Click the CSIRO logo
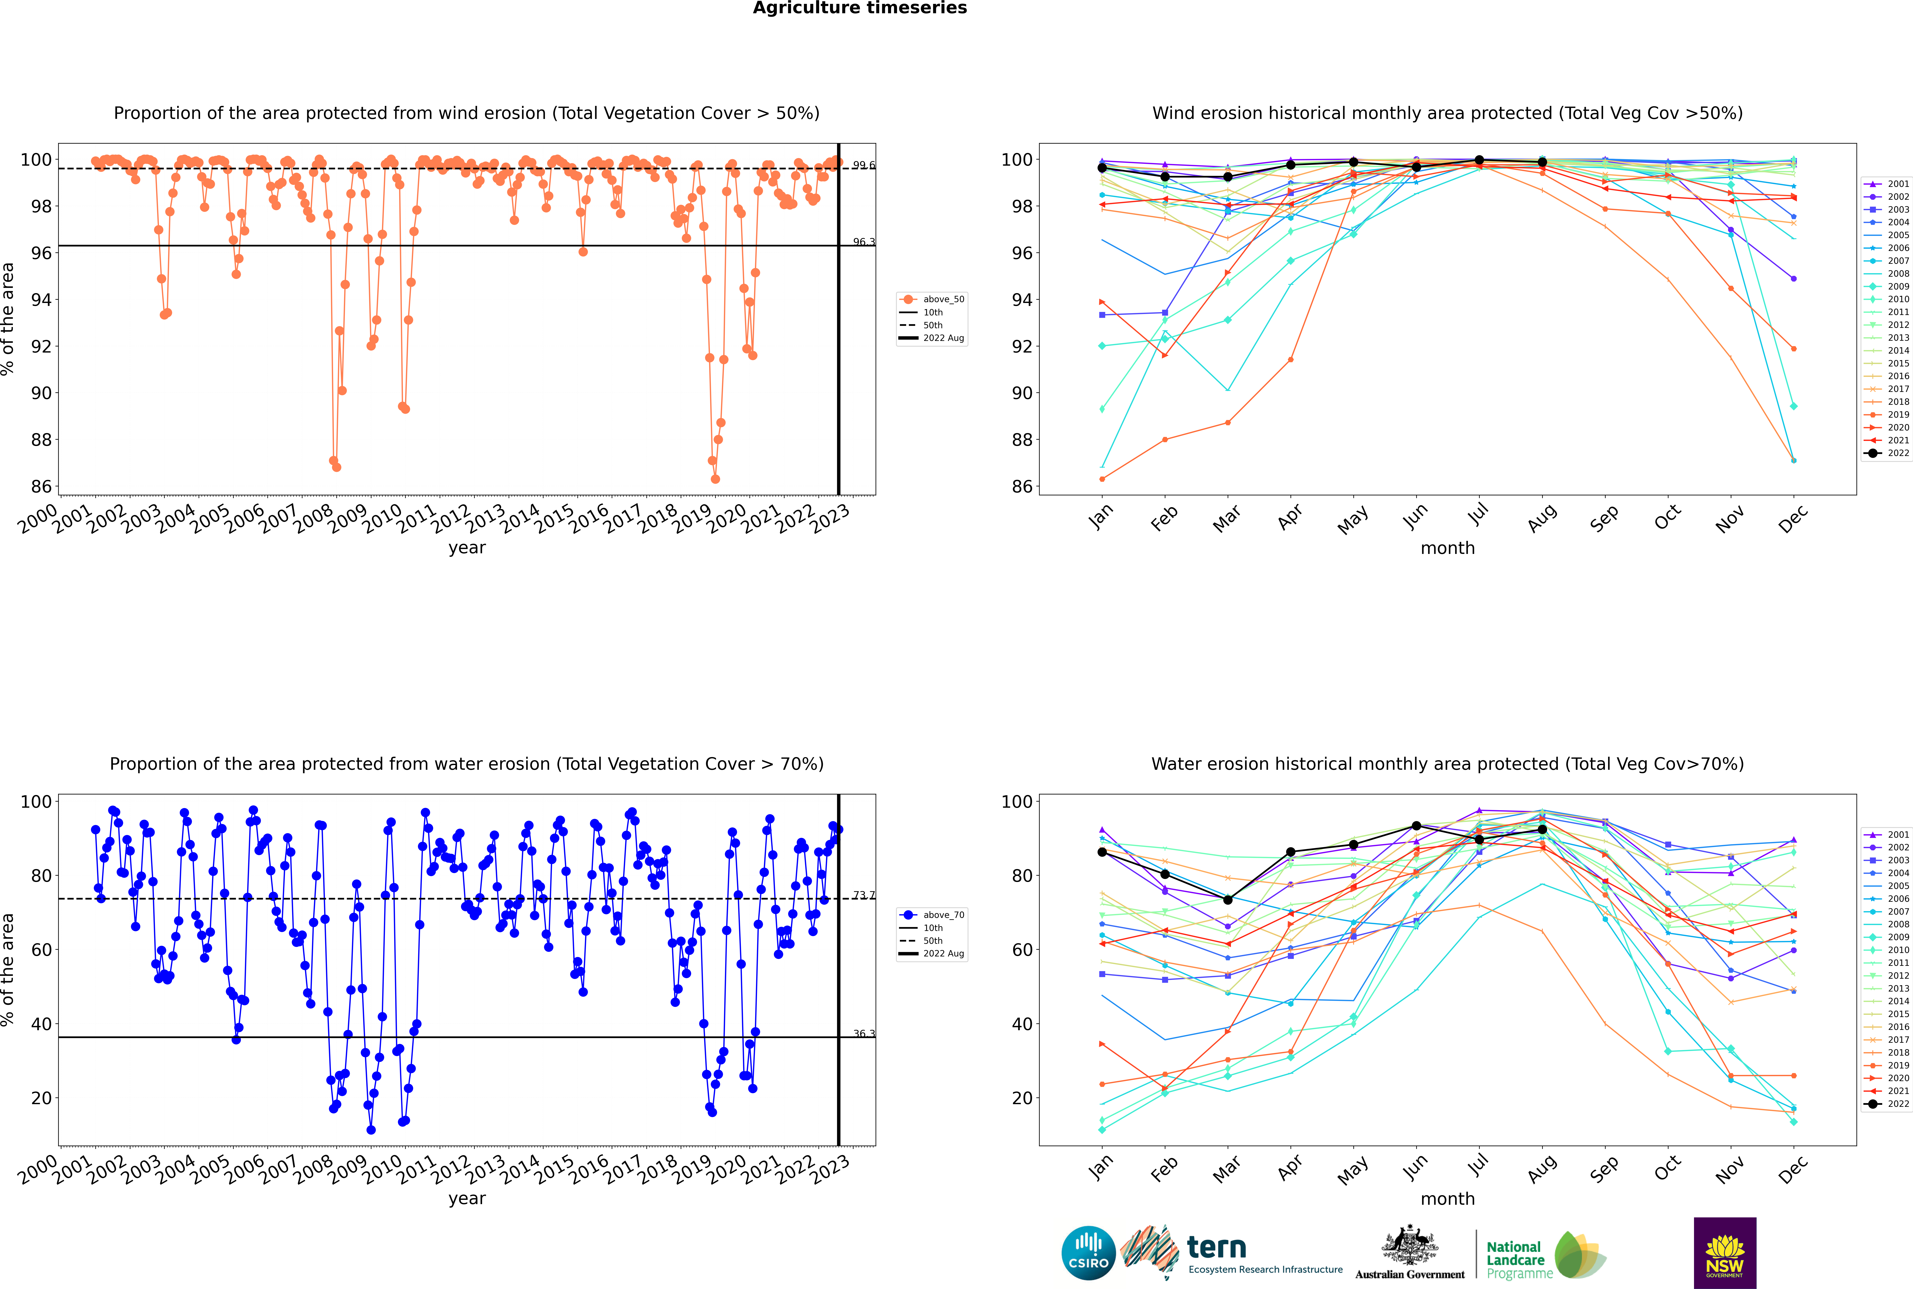(1088, 1253)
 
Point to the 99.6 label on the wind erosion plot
(864, 165)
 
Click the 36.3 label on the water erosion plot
(864, 1033)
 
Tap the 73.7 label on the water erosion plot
(864, 895)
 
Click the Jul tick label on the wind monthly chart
(1478, 515)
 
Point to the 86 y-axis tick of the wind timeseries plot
(41, 487)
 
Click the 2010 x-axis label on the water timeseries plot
(382, 1170)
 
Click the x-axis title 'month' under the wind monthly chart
(1447, 548)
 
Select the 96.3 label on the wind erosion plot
(864, 243)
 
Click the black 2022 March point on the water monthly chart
(1228, 900)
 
